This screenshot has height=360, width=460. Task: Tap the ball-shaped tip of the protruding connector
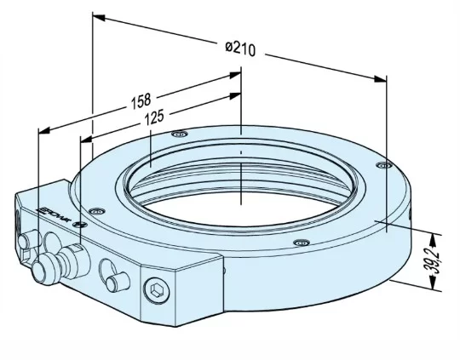tap(41, 273)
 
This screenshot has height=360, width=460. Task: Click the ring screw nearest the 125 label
tap(178, 134)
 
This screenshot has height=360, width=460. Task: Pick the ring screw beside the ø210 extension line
tap(382, 164)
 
